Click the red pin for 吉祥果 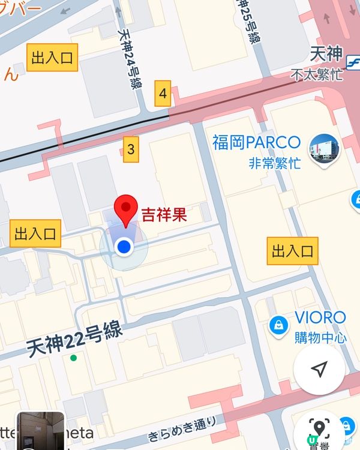click(x=126, y=210)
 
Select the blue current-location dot click(x=124, y=246)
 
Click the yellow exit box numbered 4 click(x=162, y=94)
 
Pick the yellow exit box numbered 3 click(x=131, y=149)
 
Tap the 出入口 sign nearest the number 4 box click(x=52, y=58)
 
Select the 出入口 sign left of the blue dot click(x=35, y=233)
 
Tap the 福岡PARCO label click(x=256, y=143)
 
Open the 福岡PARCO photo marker click(x=324, y=149)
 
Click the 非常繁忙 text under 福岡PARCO click(x=274, y=163)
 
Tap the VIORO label click(x=320, y=317)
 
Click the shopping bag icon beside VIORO click(x=278, y=325)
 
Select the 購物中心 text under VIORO click(x=320, y=337)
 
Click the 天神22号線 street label click(x=74, y=340)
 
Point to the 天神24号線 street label click(x=131, y=60)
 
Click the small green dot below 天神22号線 click(x=73, y=358)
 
